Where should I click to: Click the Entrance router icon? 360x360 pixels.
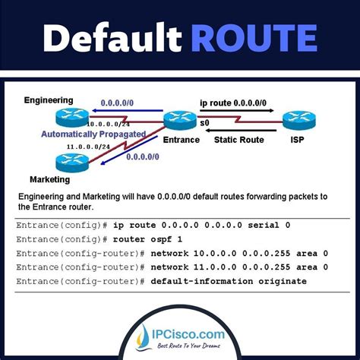(x=181, y=120)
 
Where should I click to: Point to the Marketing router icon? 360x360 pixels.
(x=71, y=161)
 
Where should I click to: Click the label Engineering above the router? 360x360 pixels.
(x=49, y=99)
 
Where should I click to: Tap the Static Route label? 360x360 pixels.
(x=240, y=140)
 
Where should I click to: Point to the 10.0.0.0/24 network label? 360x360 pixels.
(x=108, y=124)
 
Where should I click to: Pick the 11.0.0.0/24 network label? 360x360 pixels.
(x=90, y=147)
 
